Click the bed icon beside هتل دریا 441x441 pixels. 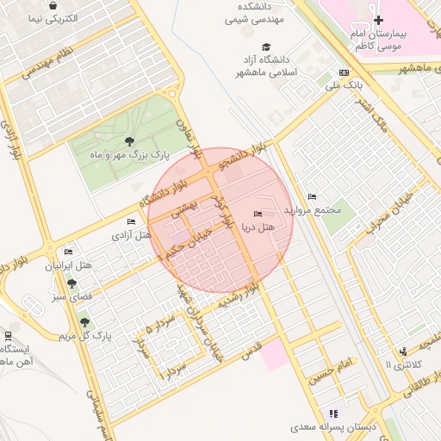point(257,214)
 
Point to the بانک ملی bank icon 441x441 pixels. point(345,73)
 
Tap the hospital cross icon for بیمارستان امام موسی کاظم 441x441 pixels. point(377,19)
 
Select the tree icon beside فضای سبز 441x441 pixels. point(71,283)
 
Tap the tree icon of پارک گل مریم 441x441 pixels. point(84,322)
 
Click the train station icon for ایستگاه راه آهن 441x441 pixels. point(8,335)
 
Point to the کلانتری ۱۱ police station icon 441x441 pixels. point(403,351)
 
